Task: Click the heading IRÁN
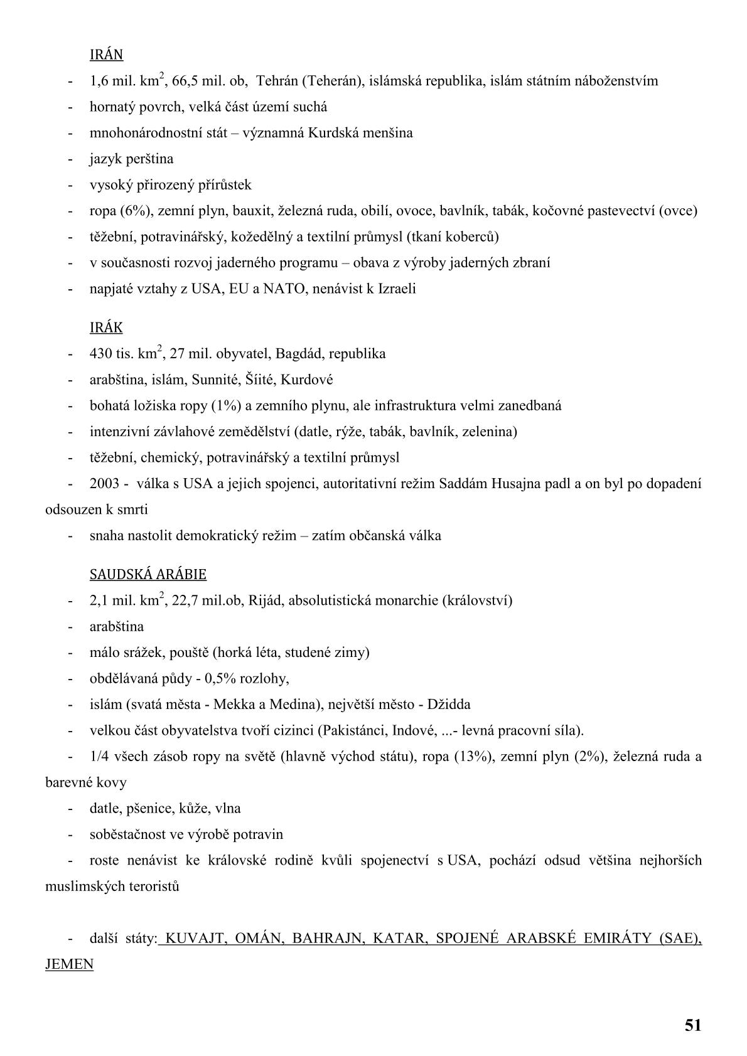(106, 55)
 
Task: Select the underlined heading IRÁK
(106, 328)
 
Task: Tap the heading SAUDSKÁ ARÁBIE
(148, 574)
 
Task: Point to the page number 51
(693, 1025)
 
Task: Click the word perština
(149, 159)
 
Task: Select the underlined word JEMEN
(69, 964)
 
